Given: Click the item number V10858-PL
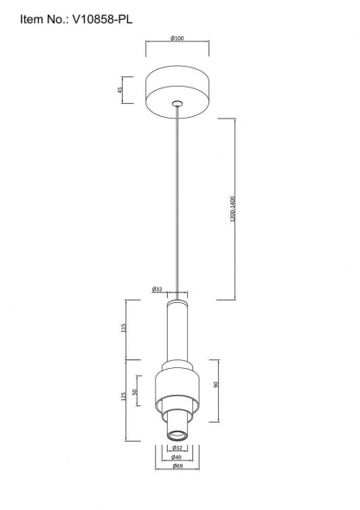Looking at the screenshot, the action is tap(102, 20).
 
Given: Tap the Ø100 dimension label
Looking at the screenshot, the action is tap(177, 38).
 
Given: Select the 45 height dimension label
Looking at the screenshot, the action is tap(119, 90).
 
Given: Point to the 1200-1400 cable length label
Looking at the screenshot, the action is tap(232, 209).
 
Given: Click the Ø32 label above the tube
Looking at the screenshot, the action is tap(157, 289).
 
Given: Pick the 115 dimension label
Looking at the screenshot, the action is tap(123, 327).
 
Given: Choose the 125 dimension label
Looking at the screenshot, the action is tap(123, 396).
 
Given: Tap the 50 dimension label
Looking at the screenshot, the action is tap(135, 391).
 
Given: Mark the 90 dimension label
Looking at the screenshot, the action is tap(216, 384).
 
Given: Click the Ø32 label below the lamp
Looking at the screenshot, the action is tap(177, 448).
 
